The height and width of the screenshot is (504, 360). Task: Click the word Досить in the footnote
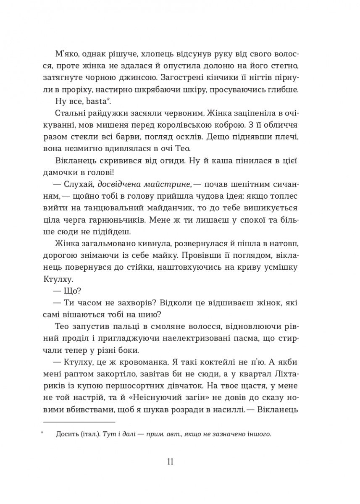click(66, 435)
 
